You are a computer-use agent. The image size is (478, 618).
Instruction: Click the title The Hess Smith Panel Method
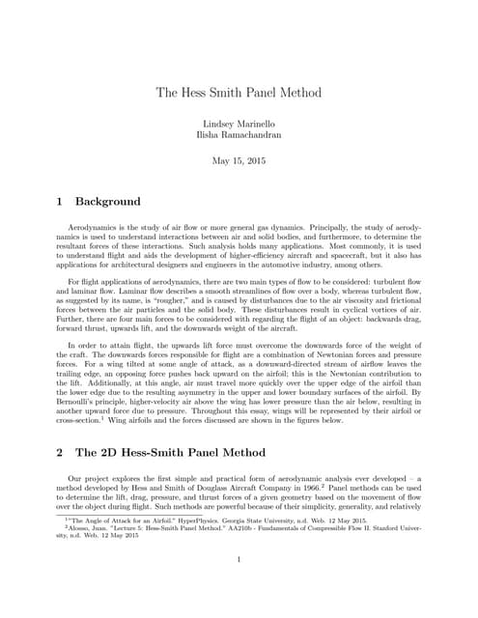click(x=239, y=93)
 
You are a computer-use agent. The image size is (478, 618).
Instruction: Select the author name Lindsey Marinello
click(x=239, y=126)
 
